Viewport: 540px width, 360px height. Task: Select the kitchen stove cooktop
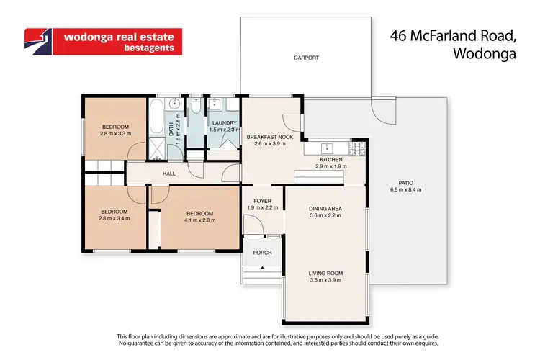[x=357, y=149]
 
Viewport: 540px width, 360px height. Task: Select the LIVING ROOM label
[x=325, y=273]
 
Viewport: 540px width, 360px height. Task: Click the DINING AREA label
[x=325, y=209]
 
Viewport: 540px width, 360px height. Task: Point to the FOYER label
[x=262, y=201]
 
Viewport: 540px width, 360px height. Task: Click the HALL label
[x=168, y=174]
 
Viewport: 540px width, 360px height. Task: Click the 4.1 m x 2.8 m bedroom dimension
[x=199, y=220]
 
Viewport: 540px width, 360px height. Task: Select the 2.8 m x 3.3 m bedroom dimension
[x=114, y=133]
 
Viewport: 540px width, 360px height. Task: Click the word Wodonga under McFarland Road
[x=487, y=52]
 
